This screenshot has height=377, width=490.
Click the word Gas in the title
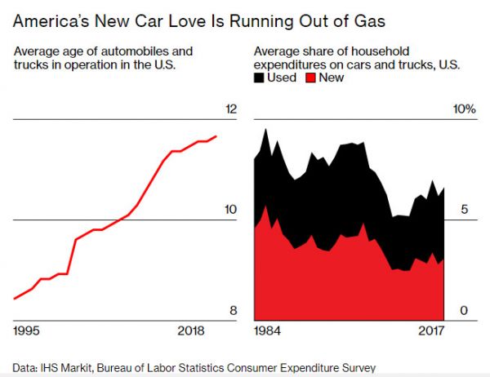click(x=359, y=18)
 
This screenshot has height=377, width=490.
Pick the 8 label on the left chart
click(x=232, y=310)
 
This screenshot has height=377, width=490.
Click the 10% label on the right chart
click(x=464, y=109)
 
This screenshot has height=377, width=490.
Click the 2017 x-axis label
click(x=430, y=330)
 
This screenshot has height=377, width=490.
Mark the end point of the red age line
click(x=216, y=136)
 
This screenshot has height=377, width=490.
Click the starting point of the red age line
click(x=15, y=299)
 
